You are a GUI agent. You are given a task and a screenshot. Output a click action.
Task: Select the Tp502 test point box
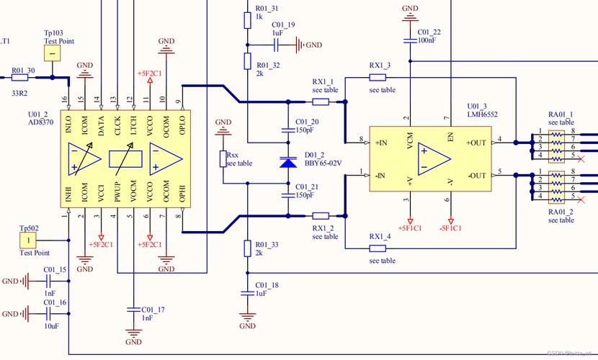[28, 239]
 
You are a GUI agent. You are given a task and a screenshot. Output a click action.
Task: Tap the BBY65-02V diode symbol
[288, 163]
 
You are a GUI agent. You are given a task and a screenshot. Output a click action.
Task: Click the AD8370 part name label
[42, 122]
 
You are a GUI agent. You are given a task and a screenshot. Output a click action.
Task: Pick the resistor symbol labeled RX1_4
[378, 248]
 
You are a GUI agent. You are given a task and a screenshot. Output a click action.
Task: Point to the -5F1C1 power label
[451, 228]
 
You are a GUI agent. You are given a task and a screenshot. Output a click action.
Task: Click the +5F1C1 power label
[409, 228]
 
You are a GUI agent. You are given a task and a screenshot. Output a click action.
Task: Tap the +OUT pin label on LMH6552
[477, 143]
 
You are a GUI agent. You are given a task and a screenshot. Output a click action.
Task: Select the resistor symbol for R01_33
[247, 248]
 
